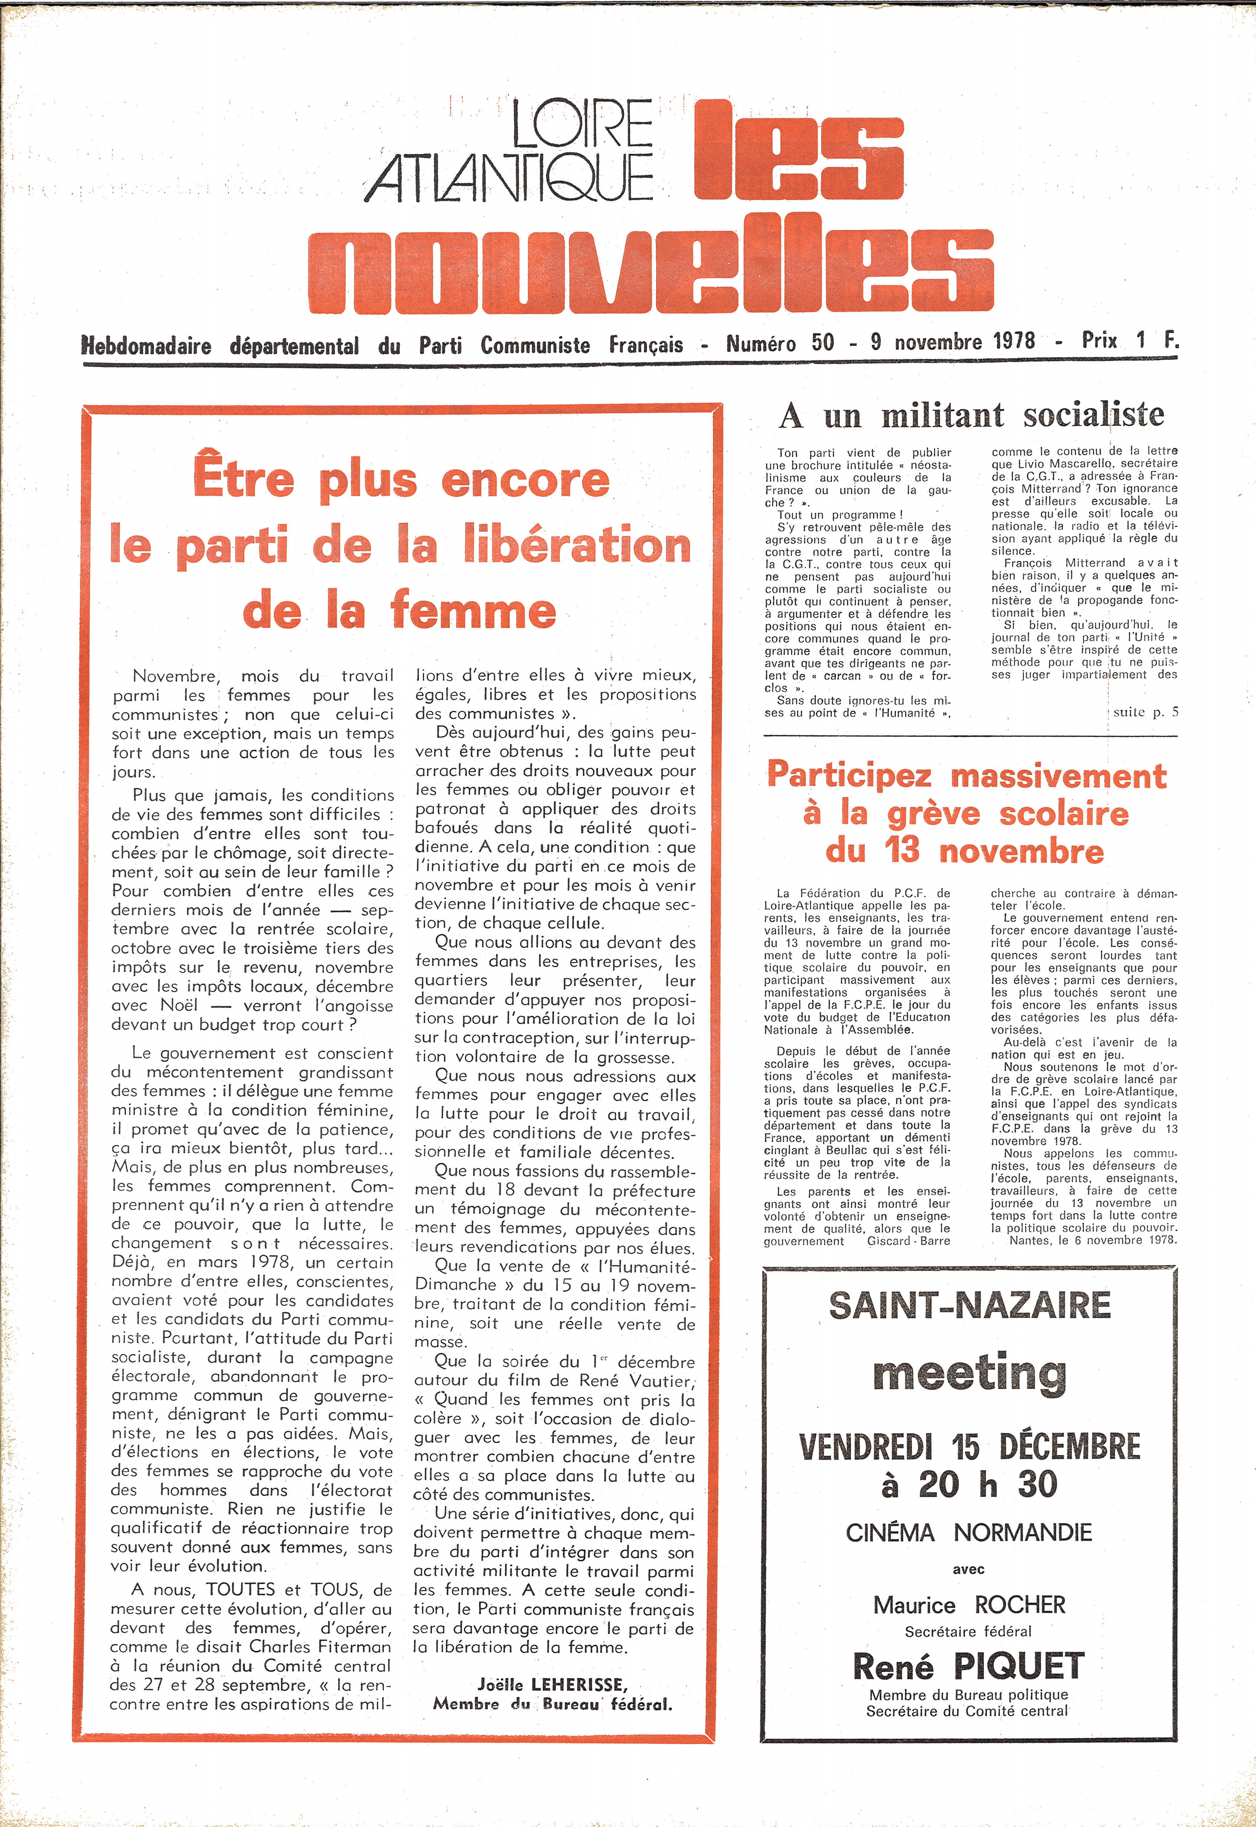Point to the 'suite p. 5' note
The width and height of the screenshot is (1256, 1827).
click(1145, 712)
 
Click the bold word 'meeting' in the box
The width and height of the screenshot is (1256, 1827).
click(969, 1373)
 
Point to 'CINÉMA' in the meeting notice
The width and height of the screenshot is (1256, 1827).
click(890, 1533)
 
